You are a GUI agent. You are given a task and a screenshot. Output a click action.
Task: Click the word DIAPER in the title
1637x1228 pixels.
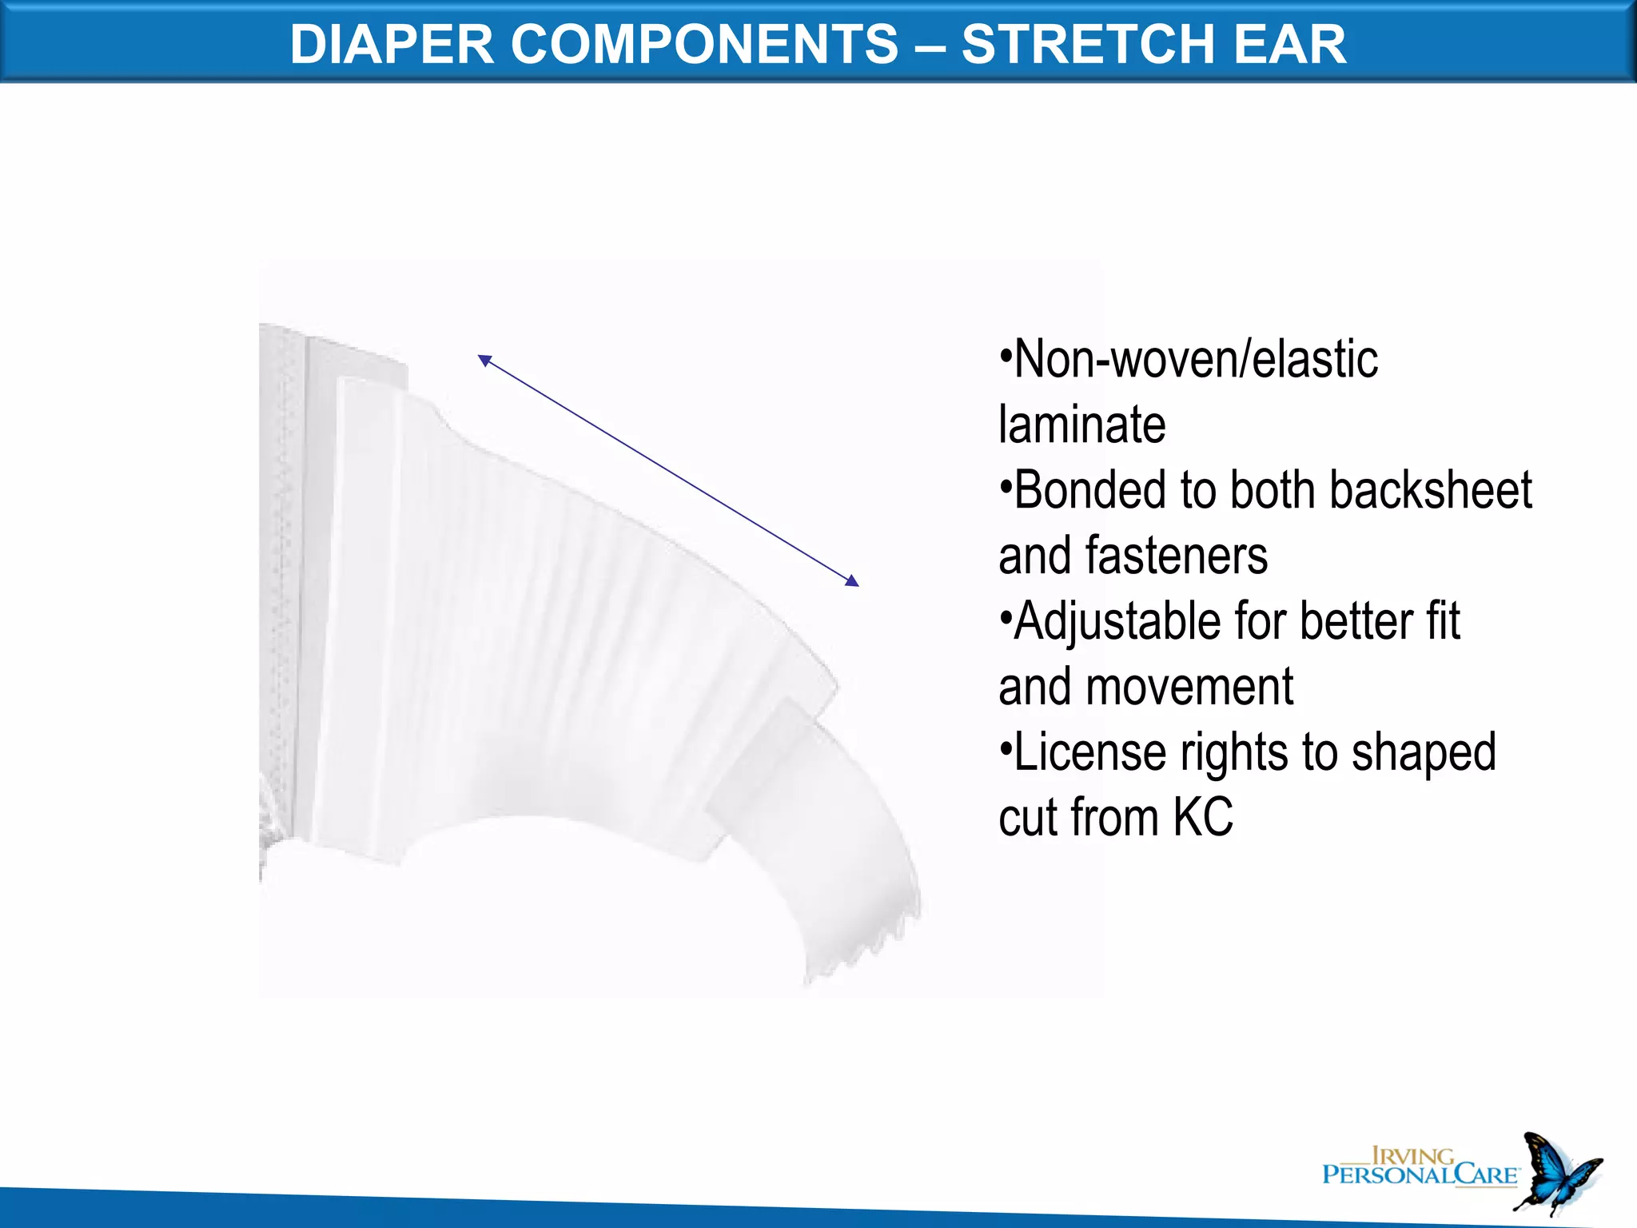click(392, 44)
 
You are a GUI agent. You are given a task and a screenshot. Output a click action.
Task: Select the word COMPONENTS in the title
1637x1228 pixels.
click(704, 44)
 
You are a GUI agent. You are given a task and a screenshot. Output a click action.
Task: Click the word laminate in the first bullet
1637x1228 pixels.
click(1081, 425)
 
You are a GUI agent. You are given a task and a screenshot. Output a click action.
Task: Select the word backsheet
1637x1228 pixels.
click(1431, 490)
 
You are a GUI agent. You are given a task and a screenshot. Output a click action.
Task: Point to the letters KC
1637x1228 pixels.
click(1203, 818)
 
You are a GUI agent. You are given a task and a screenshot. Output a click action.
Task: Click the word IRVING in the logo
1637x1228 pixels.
click(1412, 1156)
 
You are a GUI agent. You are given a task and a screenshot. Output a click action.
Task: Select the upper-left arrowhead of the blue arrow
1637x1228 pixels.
click(484, 360)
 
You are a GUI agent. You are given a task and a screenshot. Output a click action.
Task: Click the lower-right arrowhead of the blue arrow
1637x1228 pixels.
click(853, 581)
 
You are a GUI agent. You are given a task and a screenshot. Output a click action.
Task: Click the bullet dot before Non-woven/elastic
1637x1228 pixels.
click(1006, 354)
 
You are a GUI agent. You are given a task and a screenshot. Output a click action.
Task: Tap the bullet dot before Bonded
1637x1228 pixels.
click(1006, 485)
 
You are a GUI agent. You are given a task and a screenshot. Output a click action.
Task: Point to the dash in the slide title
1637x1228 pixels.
click(930, 46)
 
